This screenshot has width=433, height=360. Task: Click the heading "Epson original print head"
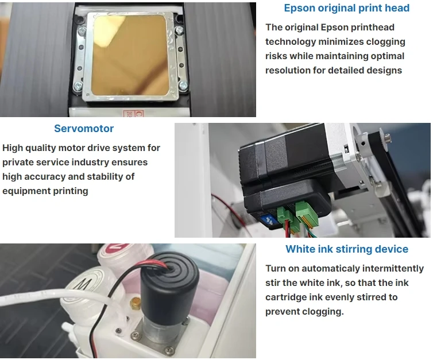346,8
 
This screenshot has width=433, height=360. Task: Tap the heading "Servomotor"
84,129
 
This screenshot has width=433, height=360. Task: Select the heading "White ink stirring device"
347,249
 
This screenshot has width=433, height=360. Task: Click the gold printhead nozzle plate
130,55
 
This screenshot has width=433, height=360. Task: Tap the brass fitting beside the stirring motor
135,303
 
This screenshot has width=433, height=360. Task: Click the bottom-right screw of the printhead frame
183,85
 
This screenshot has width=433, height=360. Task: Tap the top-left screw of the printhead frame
82,30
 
